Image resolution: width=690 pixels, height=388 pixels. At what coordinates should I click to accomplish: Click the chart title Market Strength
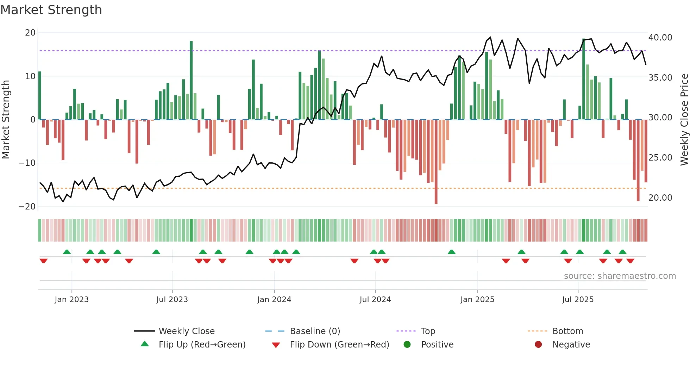point(51,10)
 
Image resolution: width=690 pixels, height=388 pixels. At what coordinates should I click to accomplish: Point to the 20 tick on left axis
point(30,33)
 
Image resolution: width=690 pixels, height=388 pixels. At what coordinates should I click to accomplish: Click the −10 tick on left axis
point(27,163)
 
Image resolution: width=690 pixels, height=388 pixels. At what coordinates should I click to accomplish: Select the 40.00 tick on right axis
point(660,38)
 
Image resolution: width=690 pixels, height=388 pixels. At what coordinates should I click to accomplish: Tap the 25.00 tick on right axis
point(660,158)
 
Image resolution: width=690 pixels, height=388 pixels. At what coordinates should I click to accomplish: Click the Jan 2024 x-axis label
point(274,300)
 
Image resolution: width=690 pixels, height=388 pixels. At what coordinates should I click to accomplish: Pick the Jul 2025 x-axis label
point(578,300)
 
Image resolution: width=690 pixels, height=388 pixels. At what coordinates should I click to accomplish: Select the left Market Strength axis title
point(6,120)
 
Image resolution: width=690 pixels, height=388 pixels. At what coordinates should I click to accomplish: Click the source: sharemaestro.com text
point(620,276)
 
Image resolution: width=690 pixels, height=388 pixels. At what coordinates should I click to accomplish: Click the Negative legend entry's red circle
point(538,345)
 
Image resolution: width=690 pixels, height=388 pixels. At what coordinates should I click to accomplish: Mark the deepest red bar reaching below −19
point(436,162)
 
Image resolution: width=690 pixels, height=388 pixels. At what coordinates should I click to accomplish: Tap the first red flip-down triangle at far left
point(44,261)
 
